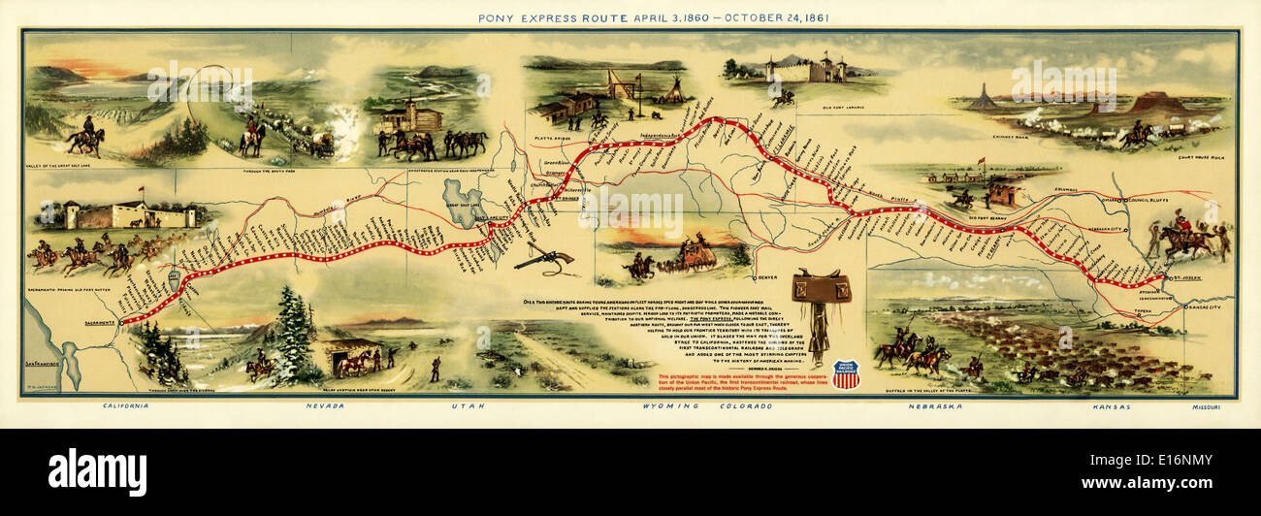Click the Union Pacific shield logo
[x=846, y=373]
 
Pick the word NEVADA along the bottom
[x=324, y=405]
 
